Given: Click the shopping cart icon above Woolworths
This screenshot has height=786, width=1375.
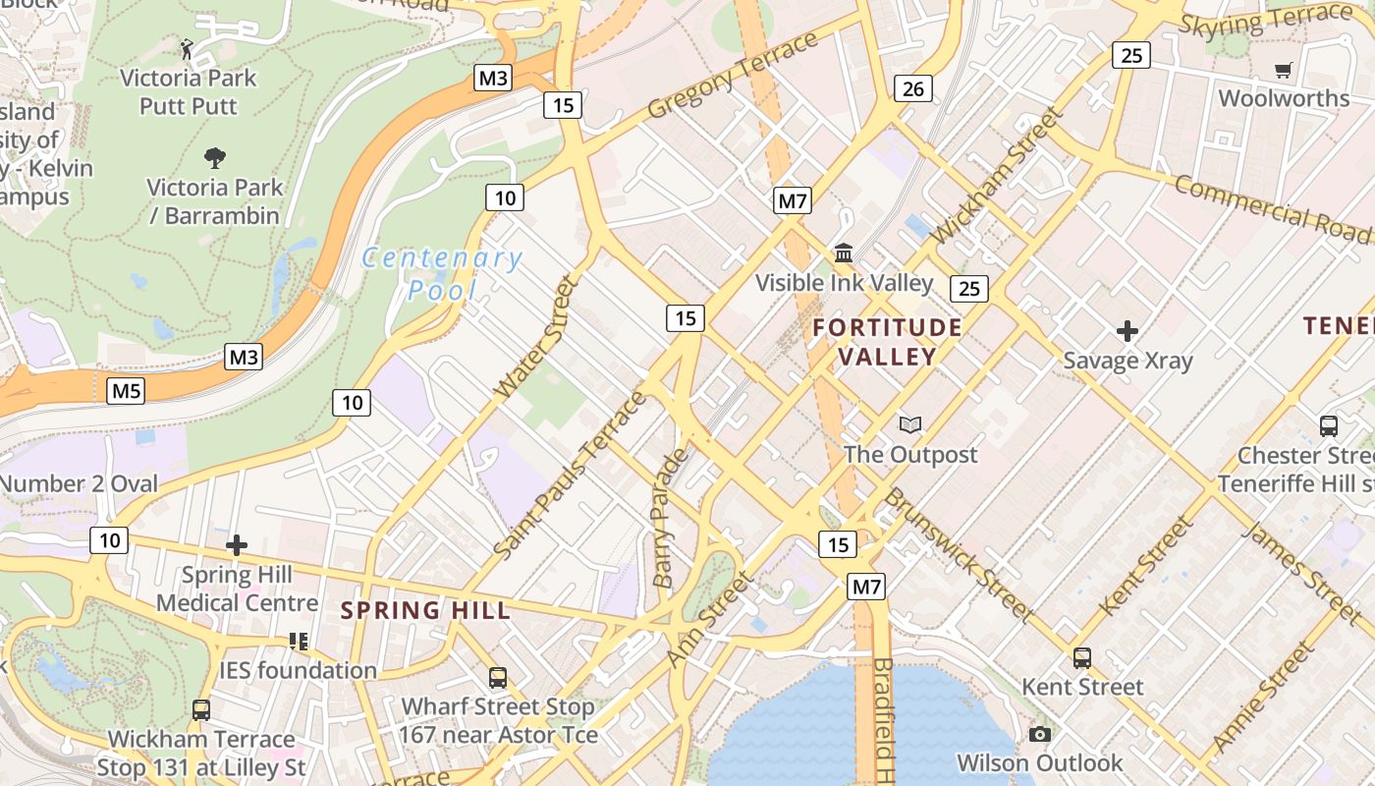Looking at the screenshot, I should pyautogui.click(x=1283, y=70).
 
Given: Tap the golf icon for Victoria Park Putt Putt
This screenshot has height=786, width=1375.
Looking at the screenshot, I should pyautogui.click(x=188, y=47).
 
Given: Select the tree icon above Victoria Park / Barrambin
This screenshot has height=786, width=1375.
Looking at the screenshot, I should pyautogui.click(x=214, y=157).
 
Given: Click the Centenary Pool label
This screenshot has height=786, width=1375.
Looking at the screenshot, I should pyautogui.click(x=442, y=274).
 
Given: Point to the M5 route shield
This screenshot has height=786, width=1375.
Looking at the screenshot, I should pyautogui.click(x=127, y=391).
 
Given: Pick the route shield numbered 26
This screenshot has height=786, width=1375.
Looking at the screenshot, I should pyautogui.click(x=912, y=89).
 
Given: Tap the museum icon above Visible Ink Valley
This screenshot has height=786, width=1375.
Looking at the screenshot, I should pyautogui.click(x=844, y=253).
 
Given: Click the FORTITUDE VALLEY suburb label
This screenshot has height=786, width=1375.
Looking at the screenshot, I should pyautogui.click(x=888, y=341).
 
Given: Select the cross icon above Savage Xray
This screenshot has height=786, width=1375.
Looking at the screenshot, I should pyautogui.click(x=1127, y=331).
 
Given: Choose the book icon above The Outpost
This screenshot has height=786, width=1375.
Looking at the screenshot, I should pyautogui.click(x=910, y=424).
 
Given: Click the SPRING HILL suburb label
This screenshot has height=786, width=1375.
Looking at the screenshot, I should pyautogui.click(x=425, y=610).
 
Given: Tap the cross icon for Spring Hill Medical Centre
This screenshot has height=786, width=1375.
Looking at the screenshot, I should pyautogui.click(x=237, y=545).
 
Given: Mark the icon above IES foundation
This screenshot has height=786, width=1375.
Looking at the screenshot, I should pyautogui.click(x=299, y=642).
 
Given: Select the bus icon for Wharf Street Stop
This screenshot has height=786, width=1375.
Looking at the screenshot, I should pyautogui.click(x=498, y=677).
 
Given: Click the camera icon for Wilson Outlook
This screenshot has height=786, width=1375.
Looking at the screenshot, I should pyautogui.click(x=1040, y=734).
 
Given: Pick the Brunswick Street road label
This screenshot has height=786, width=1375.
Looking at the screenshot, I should pyautogui.click(x=957, y=554).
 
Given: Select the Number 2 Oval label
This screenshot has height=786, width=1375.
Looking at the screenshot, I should pyautogui.click(x=79, y=483).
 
